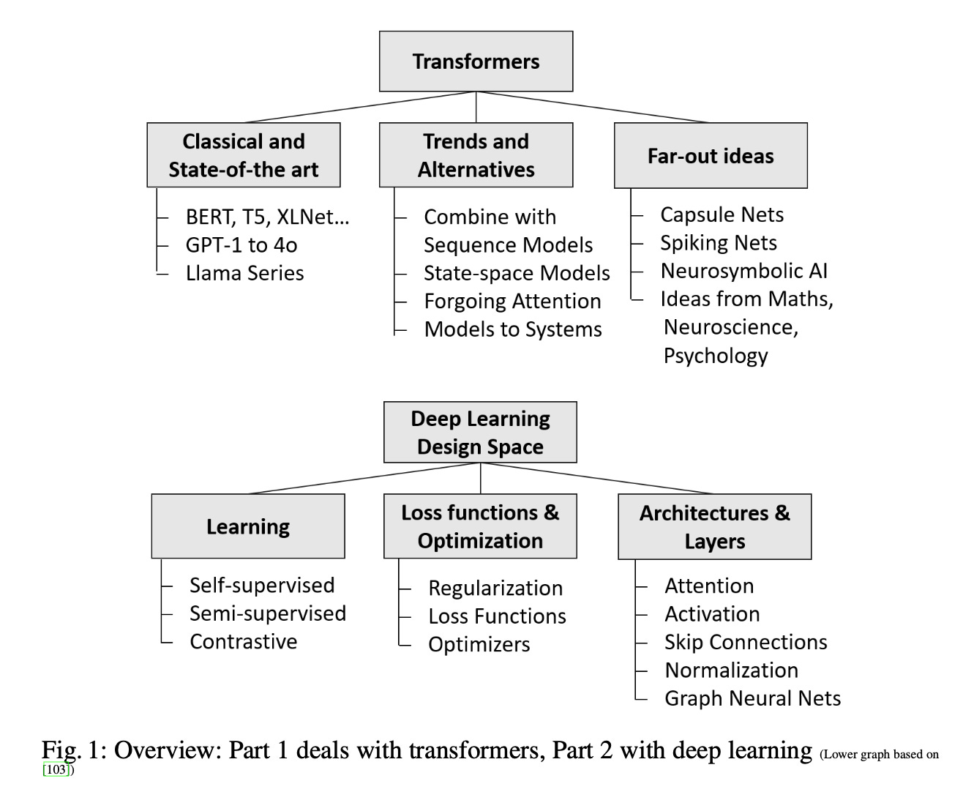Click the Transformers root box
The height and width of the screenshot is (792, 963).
(x=476, y=61)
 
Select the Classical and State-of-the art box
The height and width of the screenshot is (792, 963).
(x=244, y=155)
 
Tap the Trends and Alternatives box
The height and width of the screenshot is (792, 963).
(x=476, y=155)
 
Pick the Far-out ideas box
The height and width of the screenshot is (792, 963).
(x=711, y=156)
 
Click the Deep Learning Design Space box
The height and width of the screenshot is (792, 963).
(x=480, y=433)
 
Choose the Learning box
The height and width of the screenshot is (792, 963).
(x=248, y=526)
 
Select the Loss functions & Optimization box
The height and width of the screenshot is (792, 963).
(x=480, y=526)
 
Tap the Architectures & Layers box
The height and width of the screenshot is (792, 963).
(x=714, y=527)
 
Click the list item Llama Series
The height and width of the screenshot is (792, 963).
(x=244, y=273)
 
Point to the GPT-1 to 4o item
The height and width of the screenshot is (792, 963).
(x=241, y=245)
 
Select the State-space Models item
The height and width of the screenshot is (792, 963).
(x=517, y=273)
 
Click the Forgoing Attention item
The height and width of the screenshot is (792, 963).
(x=512, y=302)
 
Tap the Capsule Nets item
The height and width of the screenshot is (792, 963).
(x=722, y=214)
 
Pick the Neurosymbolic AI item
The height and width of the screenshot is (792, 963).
(x=743, y=271)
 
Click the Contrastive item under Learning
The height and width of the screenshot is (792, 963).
(x=243, y=642)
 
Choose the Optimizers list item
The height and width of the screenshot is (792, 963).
(x=479, y=645)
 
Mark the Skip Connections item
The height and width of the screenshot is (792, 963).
(x=746, y=642)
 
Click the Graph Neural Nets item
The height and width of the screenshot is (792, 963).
(x=752, y=698)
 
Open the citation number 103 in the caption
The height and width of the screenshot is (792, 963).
(x=56, y=769)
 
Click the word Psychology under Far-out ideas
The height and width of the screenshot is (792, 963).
(x=716, y=356)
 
